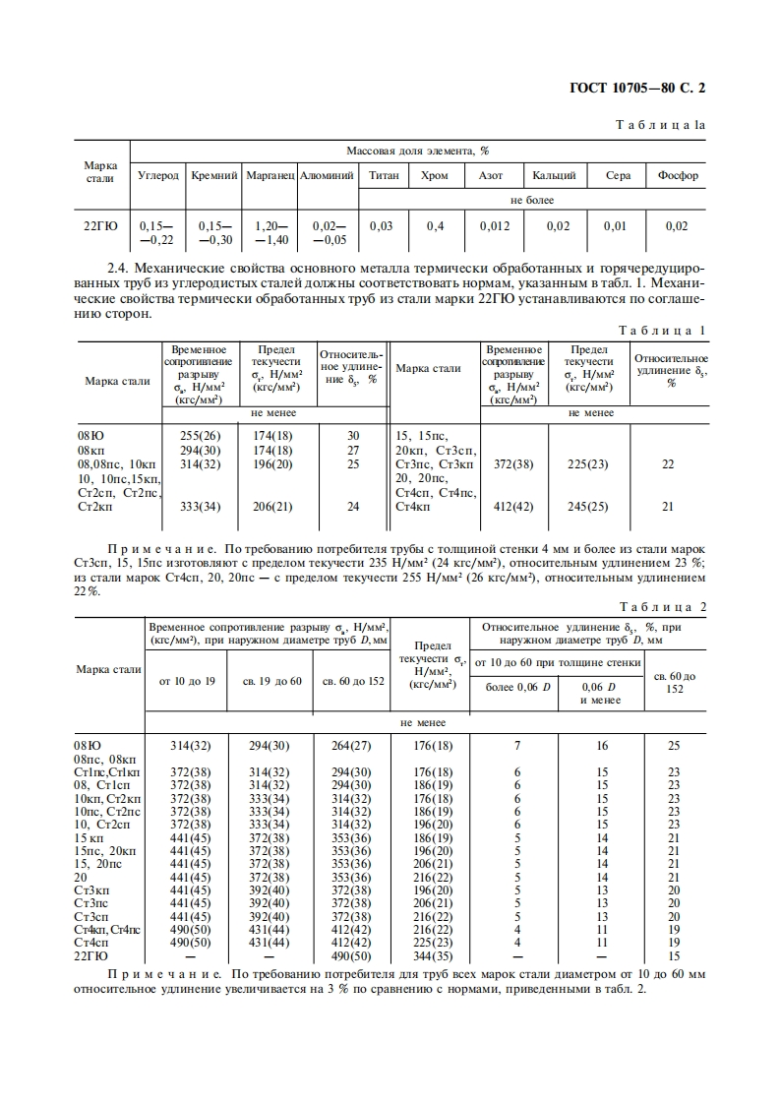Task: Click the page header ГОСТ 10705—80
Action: pyautogui.click(x=637, y=87)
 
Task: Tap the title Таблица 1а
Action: pyautogui.click(x=660, y=126)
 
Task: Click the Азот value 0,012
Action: pyautogui.click(x=495, y=226)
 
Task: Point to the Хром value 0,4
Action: pyautogui.click(x=435, y=226)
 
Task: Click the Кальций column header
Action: pyautogui.click(x=554, y=176)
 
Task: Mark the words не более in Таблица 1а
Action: pyautogui.click(x=532, y=200)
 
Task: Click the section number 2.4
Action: pyautogui.click(x=120, y=268)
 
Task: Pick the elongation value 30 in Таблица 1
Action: pyautogui.click(x=353, y=435)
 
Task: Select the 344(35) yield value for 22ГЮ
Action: pyautogui.click(x=434, y=954)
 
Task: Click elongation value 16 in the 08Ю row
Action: pyautogui.click(x=602, y=747)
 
